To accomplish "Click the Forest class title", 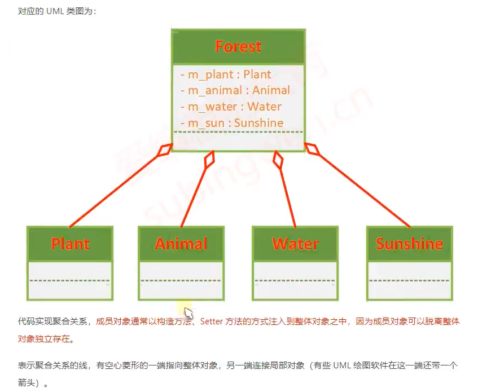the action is point(239,46).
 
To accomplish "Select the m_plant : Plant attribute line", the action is point(226,74).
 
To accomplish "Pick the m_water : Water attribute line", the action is point(231,107).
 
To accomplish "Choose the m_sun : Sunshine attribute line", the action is point(232,123).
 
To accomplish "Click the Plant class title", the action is point(70,244).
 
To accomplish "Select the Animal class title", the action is point(181,244).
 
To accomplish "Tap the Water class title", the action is point(295,244).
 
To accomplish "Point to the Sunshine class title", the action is point(409,244).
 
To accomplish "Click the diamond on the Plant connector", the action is point(165,151).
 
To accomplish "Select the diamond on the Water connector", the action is point(277,159).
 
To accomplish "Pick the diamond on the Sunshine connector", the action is point(313,150).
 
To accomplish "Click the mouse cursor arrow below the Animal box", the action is point(188,313).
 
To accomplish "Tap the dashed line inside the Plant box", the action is point(69,280).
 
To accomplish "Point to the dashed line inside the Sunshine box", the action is point(409,280).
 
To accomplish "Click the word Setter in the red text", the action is point(212,321).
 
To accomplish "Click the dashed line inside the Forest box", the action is point(239,132).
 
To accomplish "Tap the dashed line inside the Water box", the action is point(295,280).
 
